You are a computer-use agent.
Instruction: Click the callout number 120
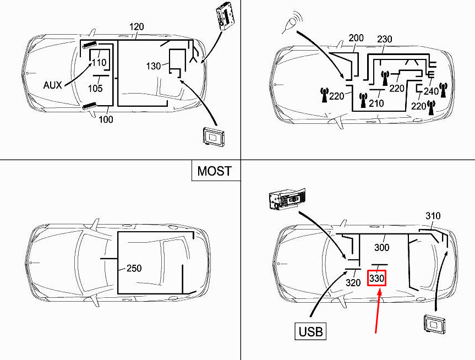[137, 27]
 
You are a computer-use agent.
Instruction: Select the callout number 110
[99, 62]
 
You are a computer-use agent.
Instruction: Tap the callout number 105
[96, 89]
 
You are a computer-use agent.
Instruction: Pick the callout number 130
[154, 66]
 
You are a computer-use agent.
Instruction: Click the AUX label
[53, 85]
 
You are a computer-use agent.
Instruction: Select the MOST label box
[215, 171]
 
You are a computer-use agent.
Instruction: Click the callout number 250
[134, 269]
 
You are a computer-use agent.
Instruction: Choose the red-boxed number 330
[376, 279]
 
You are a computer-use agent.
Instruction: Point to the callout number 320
[353, 283]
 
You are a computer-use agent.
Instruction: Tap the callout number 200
[356, 38]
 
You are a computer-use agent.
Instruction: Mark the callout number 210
[376, 103]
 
